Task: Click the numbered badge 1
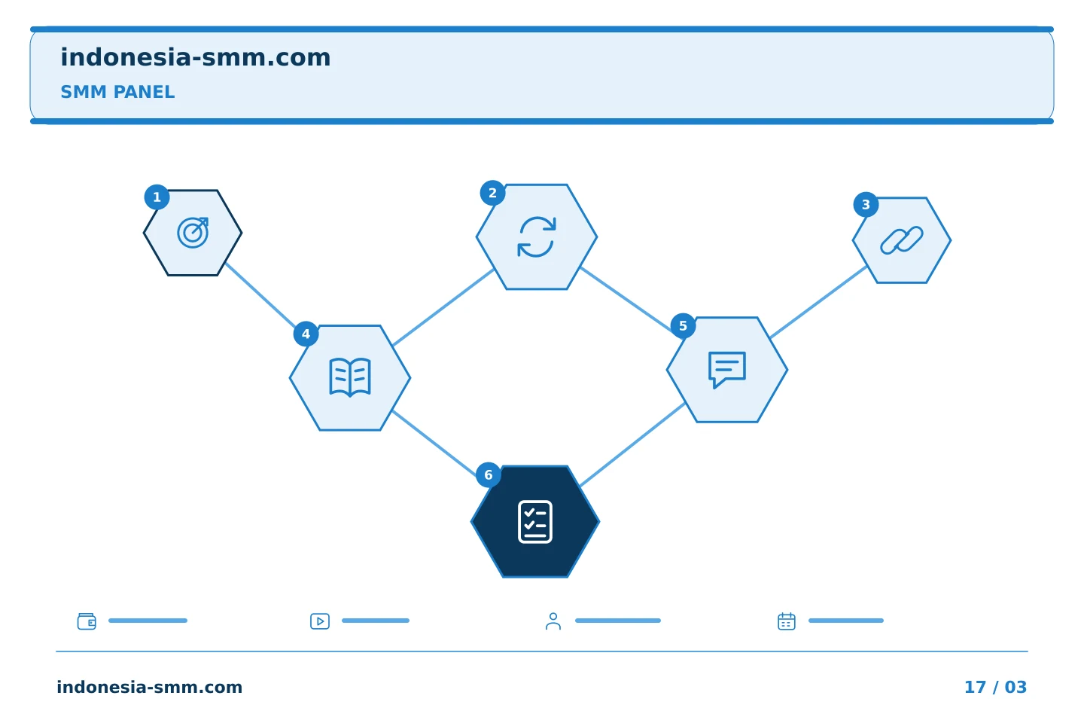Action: [x=157, y=197]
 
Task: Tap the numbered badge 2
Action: [x=492, y=193]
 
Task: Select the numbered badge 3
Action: [x=866, y=204]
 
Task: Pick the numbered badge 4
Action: [x=306, y=334]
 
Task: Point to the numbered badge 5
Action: [x=683, y=325]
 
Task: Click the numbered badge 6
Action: [x=489, y=474]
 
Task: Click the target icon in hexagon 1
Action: [x=193, y=233]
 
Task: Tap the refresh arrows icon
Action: [x=537, y=236]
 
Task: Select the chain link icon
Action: [x=902, y=240]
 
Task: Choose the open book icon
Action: [x=350, y=377]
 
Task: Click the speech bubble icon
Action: [x=727, y=370]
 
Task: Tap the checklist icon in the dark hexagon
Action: [x=535, y=522]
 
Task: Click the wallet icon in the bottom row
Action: [x=87, y=621]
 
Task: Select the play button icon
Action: [x=320, y=621]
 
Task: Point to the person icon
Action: [x=553, y=621]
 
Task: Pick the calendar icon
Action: [x=787, y=621]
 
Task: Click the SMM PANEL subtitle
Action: [x=117, y=92]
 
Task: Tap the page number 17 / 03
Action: [x=995, y=687]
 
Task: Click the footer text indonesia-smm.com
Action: [x=150, y=687]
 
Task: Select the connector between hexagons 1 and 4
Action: [x=260, y=296]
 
